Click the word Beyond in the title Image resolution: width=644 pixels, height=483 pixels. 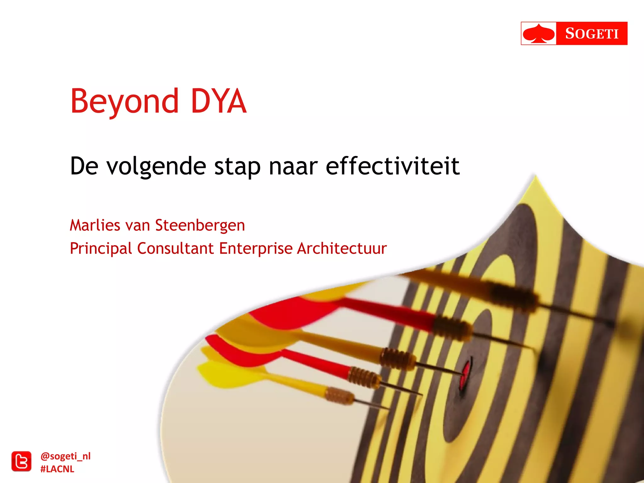[124, 101]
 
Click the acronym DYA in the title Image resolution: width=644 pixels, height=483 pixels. [218, 101]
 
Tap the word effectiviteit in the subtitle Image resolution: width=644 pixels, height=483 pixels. [392, 166]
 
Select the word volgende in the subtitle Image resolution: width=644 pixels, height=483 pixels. [156, 166]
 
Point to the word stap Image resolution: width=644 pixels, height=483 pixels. [237, 166]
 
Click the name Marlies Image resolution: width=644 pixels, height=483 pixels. [95, 225]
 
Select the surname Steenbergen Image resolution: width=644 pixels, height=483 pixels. [200, 226]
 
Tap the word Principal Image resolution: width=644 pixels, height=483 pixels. [101, 248]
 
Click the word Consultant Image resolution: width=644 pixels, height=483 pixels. [175, 248]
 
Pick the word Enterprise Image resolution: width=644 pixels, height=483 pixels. [256, 248]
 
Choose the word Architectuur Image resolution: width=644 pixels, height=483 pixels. [342, 248]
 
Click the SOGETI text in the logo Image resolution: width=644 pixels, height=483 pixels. [591, 33]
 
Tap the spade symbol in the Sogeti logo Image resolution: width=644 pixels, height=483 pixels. [539, 33]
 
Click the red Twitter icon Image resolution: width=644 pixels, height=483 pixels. [21, 462]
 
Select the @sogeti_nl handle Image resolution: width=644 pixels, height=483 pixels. [65, 456]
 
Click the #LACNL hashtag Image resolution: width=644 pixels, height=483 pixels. [57, 469]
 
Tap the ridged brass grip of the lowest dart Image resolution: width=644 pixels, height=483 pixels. [339, 396]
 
